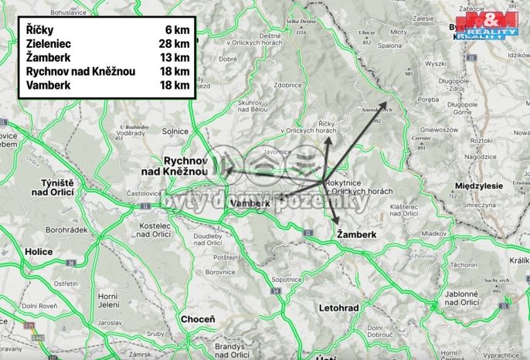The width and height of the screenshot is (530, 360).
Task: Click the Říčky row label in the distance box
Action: click(38, 30)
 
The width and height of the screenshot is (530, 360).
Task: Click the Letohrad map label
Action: click(338, 307)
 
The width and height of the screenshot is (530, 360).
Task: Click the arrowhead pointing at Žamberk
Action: click(337, 221)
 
